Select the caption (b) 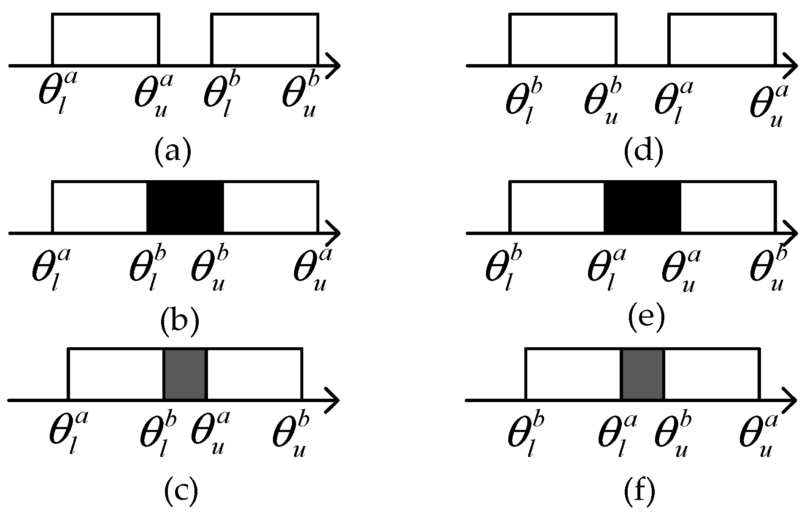point(179,321)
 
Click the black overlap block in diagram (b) point(185,207)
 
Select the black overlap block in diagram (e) point(642,207)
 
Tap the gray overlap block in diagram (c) point(185,374)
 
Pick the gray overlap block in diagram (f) point(642,374)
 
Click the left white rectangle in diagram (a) point(105,40)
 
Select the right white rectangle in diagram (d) point(723,40)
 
